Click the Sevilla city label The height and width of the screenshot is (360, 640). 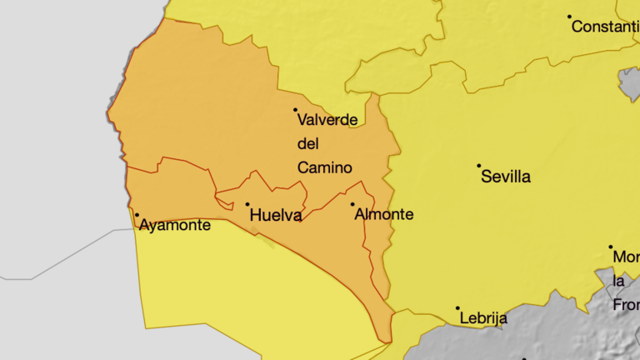pos(506,177)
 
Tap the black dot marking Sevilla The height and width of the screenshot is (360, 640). pos(479,166)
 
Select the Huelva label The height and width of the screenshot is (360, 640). pos(276,216)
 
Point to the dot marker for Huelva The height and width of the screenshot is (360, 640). pos(247,204)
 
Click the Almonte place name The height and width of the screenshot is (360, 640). pos(384,214)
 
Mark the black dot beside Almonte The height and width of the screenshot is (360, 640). pos(352,204)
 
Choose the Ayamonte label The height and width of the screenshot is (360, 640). pos(175,225)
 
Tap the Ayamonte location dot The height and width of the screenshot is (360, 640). pos(137,214)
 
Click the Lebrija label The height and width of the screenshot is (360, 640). pos(482,318)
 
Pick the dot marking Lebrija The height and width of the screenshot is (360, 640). pos(457,308)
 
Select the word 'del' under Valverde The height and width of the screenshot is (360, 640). pos(308,143)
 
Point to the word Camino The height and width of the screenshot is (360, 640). pos(325,167)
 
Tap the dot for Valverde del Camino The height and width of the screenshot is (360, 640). pos(295,109)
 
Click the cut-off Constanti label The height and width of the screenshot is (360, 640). pos(605,27)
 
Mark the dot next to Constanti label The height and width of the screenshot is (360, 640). pos(570,17)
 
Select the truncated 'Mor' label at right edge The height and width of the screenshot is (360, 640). pos(626,257)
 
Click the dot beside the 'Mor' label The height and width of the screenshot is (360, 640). pos(610,247)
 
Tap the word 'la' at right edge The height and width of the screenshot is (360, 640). pos(619,281)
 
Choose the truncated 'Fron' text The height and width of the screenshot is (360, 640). pos(626,305)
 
